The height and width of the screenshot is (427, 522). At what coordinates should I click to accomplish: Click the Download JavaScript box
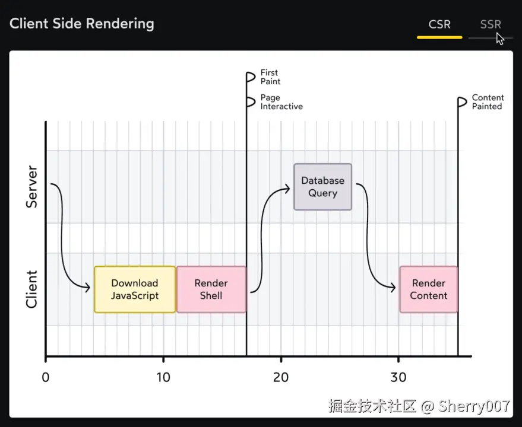[135, 289]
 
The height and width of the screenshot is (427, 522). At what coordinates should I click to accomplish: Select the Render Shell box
[211, 289]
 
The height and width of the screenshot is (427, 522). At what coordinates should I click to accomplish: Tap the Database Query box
[322, 187]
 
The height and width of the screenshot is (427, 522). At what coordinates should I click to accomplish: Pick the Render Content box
[428, 289]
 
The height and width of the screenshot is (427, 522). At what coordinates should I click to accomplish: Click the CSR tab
[439, 25]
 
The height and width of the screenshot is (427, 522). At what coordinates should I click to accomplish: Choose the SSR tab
[490, 25]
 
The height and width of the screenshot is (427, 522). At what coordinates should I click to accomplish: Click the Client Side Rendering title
[82, 24]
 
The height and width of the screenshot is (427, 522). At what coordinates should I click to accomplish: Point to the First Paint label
[270, 77]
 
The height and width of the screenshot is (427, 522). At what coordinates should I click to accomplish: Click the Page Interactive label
[281, 102]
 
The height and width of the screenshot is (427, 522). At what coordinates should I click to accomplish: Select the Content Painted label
[488, 102]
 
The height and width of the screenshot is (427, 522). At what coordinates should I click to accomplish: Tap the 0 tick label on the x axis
[46, 377]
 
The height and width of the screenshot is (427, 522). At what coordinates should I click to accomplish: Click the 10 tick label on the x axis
[163, 377]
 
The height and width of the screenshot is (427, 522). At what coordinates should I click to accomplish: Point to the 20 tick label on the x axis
[281, 377]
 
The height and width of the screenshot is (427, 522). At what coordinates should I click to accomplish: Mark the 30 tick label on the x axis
[398, 377]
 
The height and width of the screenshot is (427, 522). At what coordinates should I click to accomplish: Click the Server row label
[31, 187]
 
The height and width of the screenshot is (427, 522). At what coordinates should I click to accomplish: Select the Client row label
[31, 289]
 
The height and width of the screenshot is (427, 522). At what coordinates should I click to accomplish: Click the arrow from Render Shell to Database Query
[267, 237]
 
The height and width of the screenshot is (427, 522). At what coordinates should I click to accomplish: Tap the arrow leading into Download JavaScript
[63, 237]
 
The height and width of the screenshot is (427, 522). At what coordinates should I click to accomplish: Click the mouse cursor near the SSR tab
[500, 39]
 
